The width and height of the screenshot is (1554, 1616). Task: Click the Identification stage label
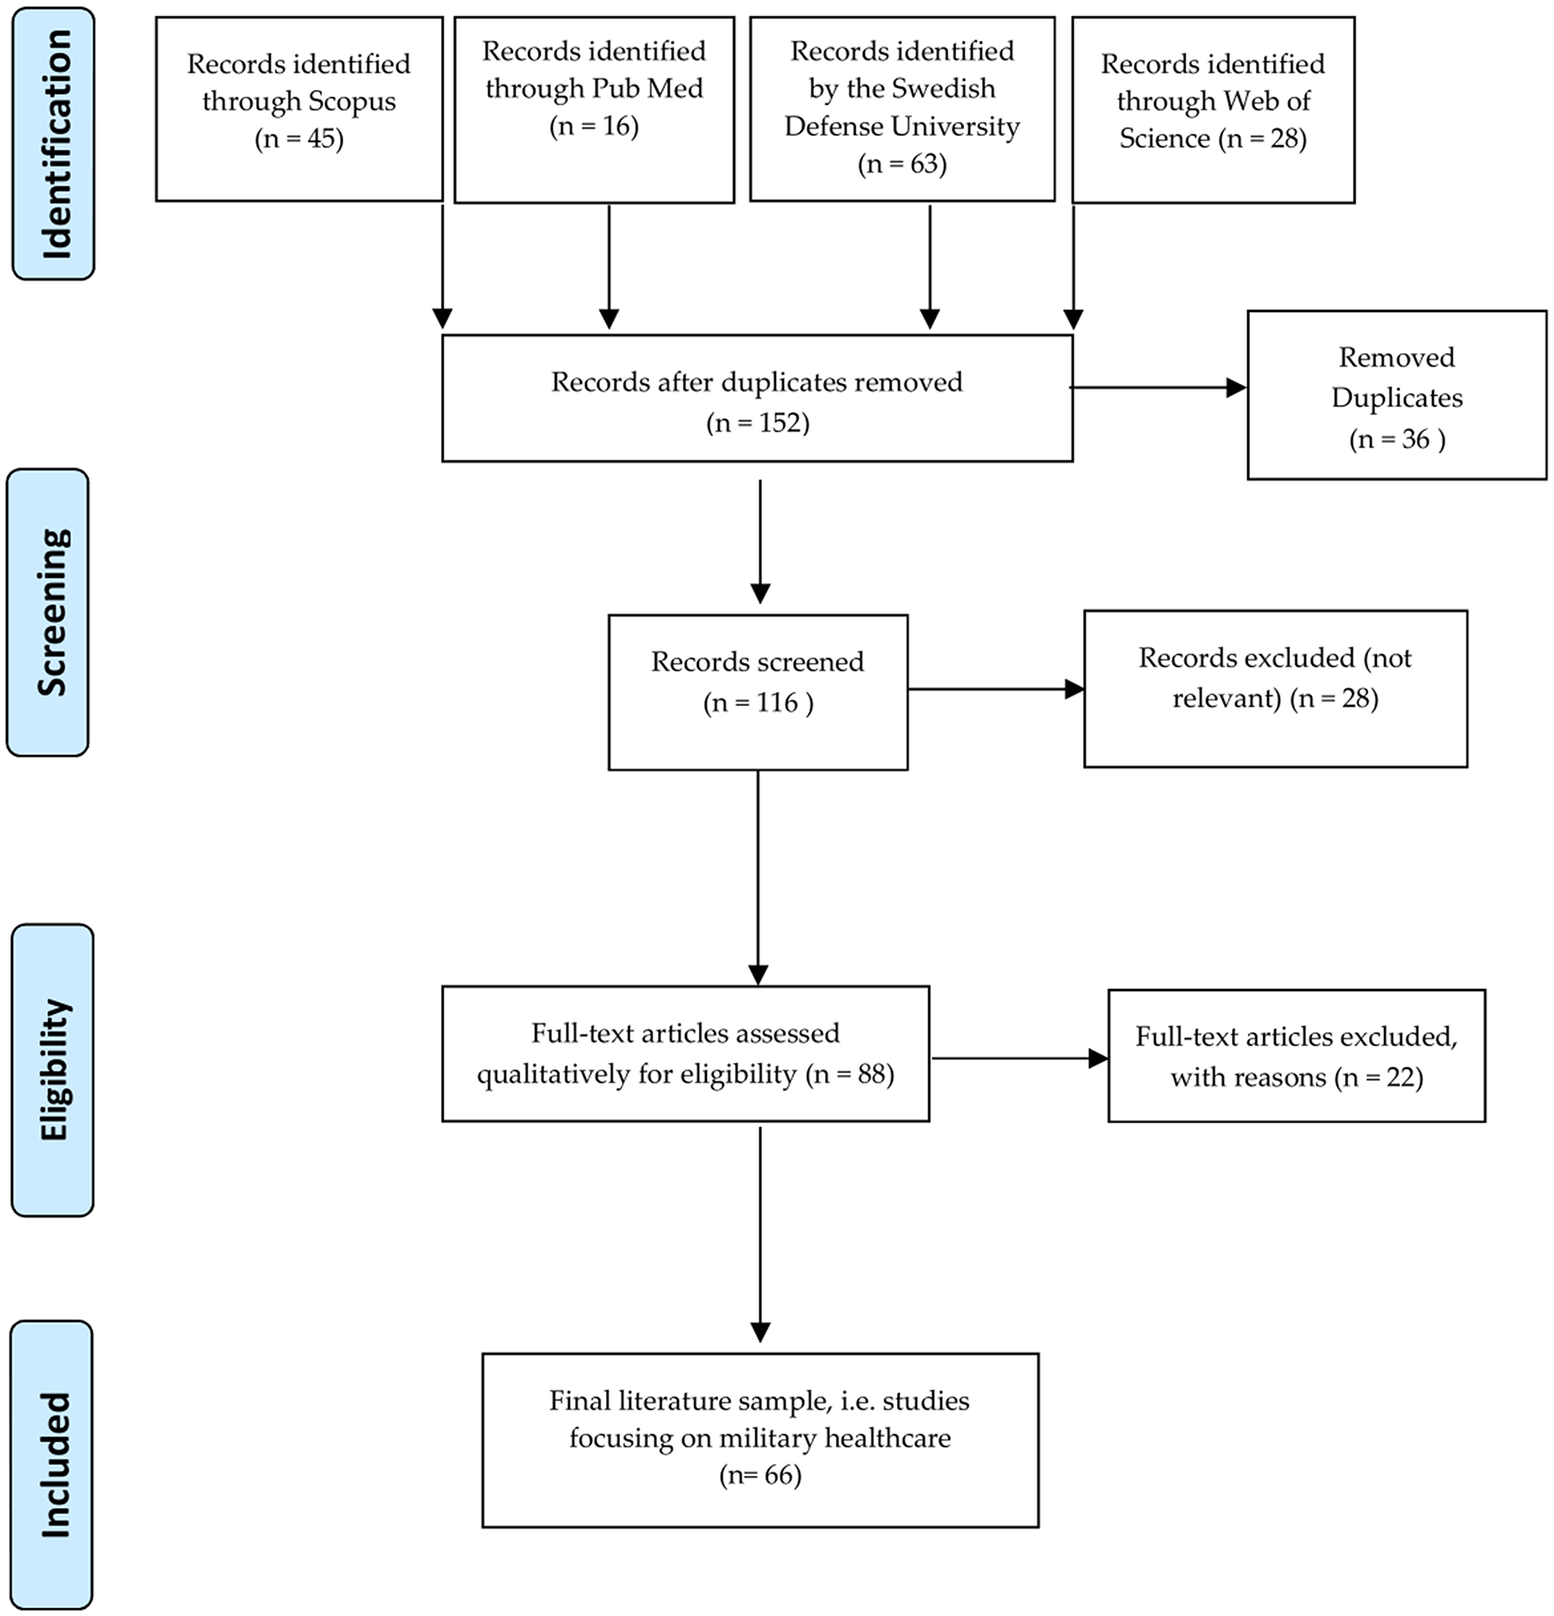[53, 144]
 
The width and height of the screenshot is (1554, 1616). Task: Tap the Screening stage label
[49, 612]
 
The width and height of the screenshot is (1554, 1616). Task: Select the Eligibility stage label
[53, 1070]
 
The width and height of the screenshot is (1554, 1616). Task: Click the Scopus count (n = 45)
[299, 139]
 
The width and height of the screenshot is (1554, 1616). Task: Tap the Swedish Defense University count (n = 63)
[902, 164]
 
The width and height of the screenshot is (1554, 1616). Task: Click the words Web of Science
[1214, 120]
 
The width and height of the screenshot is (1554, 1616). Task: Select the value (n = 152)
[758, 423]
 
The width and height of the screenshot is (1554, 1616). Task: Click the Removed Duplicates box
[1396, 395]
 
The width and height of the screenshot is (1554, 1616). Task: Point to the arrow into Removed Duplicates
[1158, 388]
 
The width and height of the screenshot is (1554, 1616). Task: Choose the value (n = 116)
[758, 702]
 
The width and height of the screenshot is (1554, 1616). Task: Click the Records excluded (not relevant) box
[1275, 688]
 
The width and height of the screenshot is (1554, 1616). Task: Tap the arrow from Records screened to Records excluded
[995, 689]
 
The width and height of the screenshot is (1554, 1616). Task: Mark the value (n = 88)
[850, 1074]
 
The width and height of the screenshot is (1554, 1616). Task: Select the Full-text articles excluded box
[1296, 1056]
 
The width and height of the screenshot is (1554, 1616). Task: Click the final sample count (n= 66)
[759, 1475]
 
